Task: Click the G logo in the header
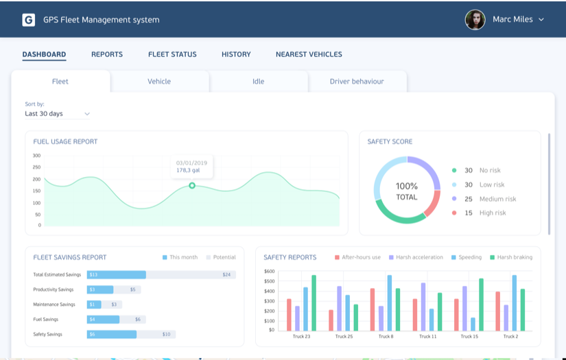[x=28, y=20]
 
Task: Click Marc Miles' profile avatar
[x=475, y=20]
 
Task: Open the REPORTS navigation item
[x=107, y=54]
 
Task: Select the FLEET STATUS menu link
[x=172, y=54]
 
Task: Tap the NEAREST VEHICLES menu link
[x=309, y=54]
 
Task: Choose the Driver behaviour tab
[x=357, y=81]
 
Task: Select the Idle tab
[x=258, y=81]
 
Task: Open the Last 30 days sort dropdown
[x=58, y=114]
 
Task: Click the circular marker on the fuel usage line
[x=192, y=185]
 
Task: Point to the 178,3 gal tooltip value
[x=188, y=170]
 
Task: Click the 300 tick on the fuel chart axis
[x=36, y=156]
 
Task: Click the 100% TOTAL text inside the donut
[x=407, y=191]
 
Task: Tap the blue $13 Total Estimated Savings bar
[x=116, y=274]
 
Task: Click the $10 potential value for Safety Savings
[x=166, y=335]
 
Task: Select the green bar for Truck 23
[x=314, y=302]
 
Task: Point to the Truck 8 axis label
[x=386, y=337]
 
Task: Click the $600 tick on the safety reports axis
[x=269, y=272]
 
